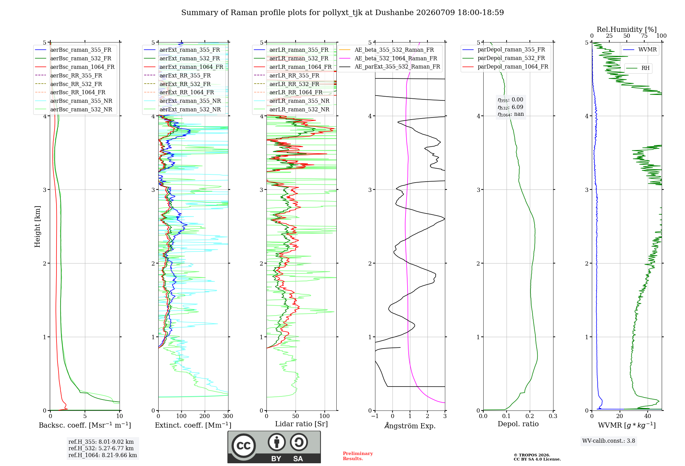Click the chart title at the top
[342, 13]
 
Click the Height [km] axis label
[37, 226]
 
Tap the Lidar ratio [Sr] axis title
[301, 424]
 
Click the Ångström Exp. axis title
[410, 426]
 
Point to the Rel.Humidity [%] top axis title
[627, 29]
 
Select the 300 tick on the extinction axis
[228, 416]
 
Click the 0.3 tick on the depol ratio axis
[553, 416]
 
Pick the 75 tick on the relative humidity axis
[644, 36]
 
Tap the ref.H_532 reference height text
[101, 448]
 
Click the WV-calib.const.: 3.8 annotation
[609, 441]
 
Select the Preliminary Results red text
[358, 456]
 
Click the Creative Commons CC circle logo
[244, 446]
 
